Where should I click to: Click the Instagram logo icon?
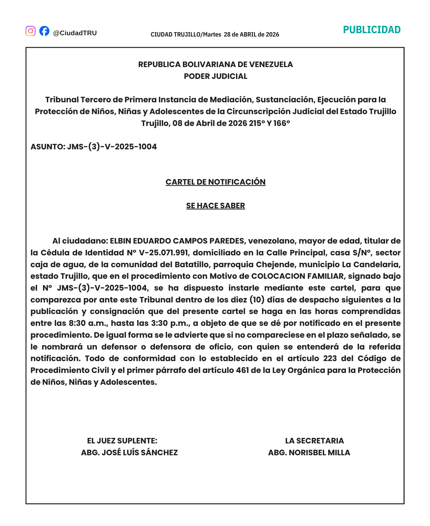(31, 31)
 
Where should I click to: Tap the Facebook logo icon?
(44, 31)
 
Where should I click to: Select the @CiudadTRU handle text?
(75, 33)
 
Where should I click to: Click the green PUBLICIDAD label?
(372, 30)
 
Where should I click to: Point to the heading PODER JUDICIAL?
(215, 76)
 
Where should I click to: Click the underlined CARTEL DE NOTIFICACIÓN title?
(215, 182)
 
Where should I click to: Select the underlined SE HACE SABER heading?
(215, 206)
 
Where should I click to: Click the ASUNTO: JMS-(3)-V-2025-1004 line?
(94, 147)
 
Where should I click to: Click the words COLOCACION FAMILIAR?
(297, 276)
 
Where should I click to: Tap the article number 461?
(242, 370)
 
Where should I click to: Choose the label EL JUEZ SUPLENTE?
(122, 441)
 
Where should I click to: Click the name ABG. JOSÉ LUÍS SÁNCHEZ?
(129, 453)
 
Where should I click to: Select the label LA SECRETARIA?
(314, 441)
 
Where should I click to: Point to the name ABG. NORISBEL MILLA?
(309, 453)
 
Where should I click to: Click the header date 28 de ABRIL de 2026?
(251, 34)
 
